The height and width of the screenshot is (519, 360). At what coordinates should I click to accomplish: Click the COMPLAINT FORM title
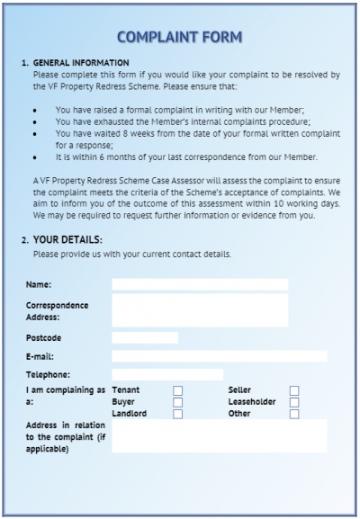pyautogui.click(x=179, y=37)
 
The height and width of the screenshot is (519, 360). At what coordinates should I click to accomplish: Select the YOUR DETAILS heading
pyautogui.click(x=67, y=239)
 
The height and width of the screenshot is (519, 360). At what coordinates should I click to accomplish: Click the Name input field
pyautogui.click(x=199, y=284)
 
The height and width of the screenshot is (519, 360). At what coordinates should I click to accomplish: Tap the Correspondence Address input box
pyautogui.click(x=199, y=310)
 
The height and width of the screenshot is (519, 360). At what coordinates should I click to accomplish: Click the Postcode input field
pyautogui.click(x=144, y=338)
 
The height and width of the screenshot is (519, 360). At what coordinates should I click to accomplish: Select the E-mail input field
pyautogui.click(x=219, y=356)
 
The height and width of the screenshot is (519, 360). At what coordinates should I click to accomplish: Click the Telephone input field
pyautogui.click(x=166, y=374)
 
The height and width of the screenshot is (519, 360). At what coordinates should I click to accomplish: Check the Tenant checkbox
pyautogui.click(x=177, y=390)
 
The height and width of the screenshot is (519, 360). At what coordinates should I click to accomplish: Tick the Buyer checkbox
pyautogui.click(x=177, y=402)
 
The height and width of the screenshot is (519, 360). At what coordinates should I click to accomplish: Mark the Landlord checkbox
pyautogui.click(x=177, y=414)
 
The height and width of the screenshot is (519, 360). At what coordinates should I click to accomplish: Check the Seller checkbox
pyautogui.click(x=294, y=390)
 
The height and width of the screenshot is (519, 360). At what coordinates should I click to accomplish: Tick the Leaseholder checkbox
pyautogui.click(x=294, y=402)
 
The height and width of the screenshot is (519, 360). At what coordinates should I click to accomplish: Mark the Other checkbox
pyautogui.click(x=294, y=414)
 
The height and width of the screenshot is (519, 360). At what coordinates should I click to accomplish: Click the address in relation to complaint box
pyautogui.click(x=219, y=435)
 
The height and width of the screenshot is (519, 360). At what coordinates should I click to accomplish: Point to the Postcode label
pyautogui.click(x=44, y=338)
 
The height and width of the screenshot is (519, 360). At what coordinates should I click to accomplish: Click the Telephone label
pyautogui.click(x=48, y=374)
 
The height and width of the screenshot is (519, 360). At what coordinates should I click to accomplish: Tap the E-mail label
pyautogui.click(x=41, y=356)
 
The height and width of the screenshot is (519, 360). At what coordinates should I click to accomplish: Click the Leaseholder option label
pyautogui.click(x=253, y=402)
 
